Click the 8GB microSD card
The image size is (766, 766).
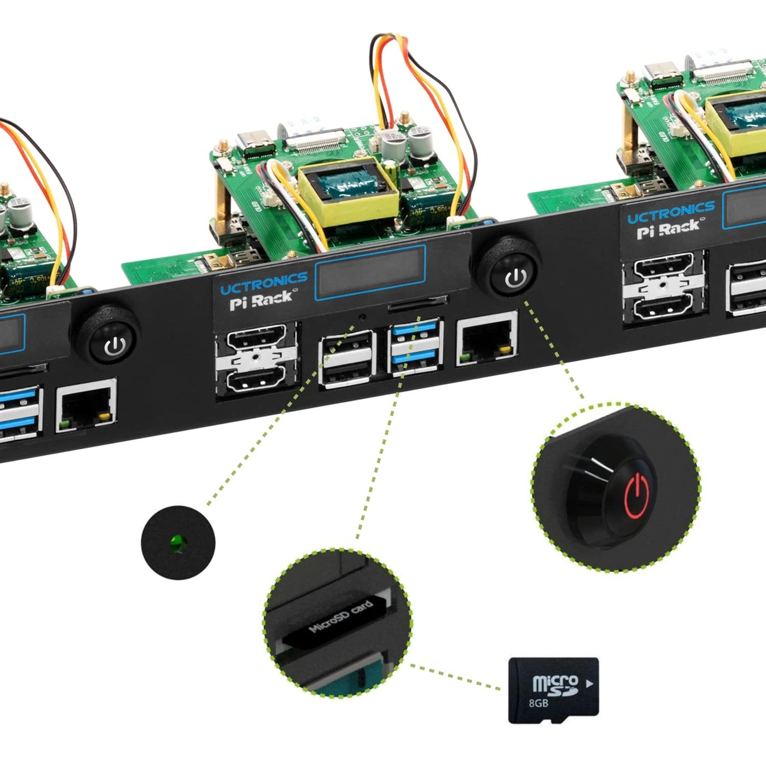553,690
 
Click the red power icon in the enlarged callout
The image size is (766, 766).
637,496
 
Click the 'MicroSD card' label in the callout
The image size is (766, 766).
340,617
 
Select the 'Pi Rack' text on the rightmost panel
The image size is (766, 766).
668,228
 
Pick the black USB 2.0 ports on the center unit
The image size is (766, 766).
346,358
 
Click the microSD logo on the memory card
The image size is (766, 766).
555,685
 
